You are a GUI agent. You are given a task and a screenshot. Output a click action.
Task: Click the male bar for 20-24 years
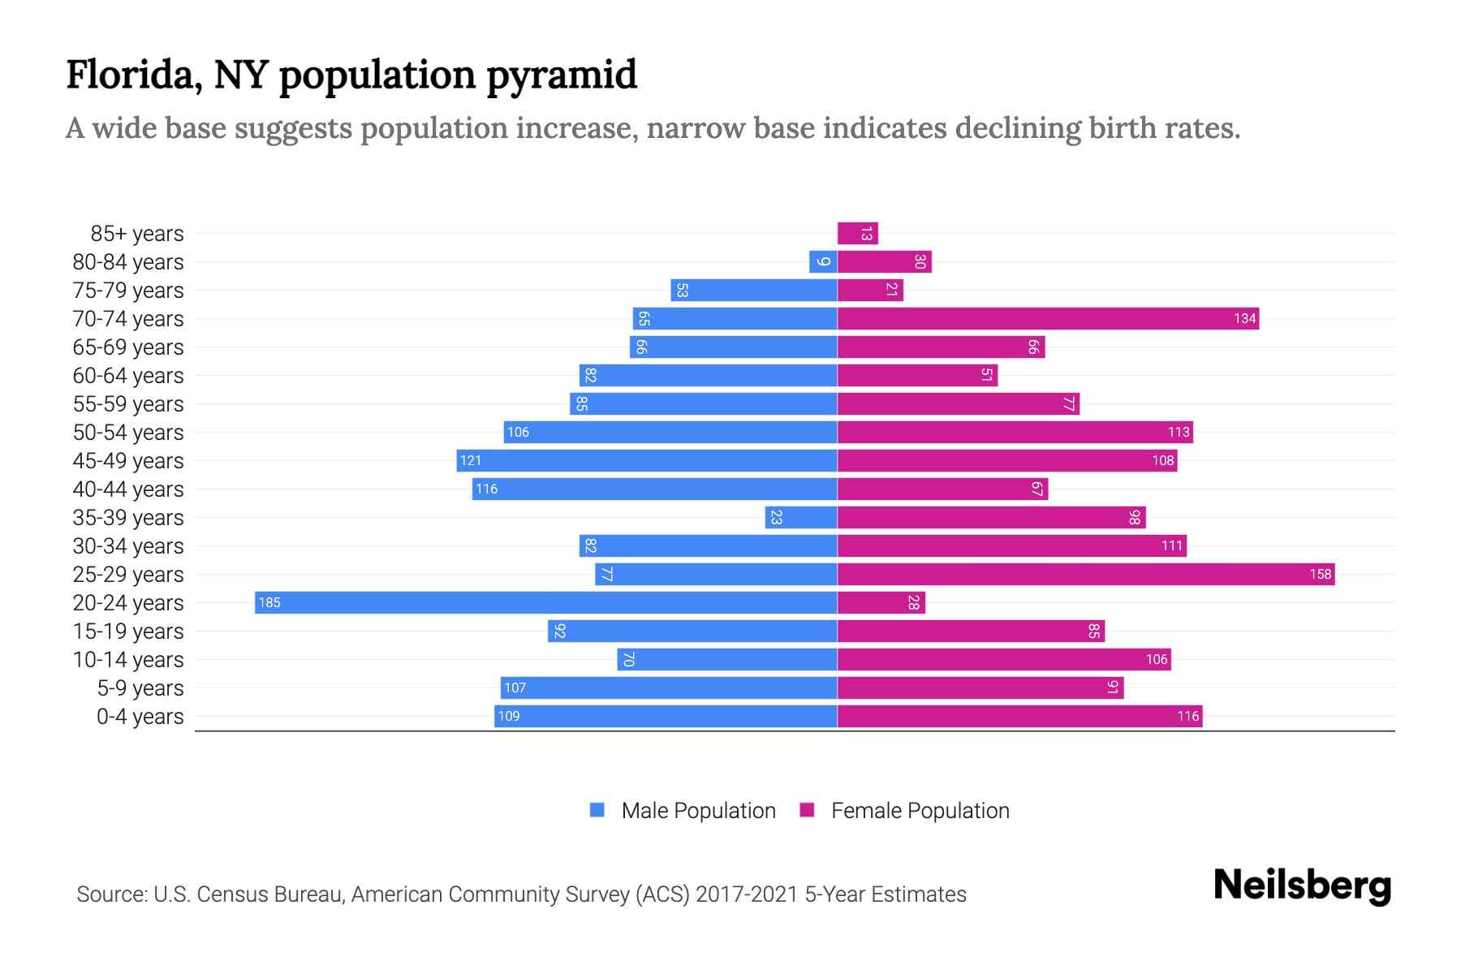[545, 602]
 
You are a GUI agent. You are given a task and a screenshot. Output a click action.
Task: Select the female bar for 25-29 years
[1085, 574]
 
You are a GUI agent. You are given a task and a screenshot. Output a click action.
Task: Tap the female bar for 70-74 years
[1047, 318]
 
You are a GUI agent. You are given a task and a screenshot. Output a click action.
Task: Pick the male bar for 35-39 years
[801, 517]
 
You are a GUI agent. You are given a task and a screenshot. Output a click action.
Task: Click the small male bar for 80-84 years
[823, 261]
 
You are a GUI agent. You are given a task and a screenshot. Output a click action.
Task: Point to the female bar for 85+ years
[857, 233]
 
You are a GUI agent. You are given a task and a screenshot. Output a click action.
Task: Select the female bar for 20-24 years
[881, 602]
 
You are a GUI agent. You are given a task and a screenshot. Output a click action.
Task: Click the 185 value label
[269, 602]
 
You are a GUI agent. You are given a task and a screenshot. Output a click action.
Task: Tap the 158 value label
[1320, 574]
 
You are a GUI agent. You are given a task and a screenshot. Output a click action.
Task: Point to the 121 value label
[471, 460]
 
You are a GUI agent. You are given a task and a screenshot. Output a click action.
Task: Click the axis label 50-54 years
[128, 432]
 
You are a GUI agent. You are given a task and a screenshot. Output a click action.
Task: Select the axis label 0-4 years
[140, 716]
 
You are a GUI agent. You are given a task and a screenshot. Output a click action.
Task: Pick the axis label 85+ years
[137, 233]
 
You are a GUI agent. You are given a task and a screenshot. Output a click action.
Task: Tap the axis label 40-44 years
[128, 489]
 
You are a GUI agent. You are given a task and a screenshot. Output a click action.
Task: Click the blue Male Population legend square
[597, 810]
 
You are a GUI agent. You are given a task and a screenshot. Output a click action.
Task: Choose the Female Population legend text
[920, 810]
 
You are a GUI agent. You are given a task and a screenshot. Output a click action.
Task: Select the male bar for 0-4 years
[666, 716]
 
